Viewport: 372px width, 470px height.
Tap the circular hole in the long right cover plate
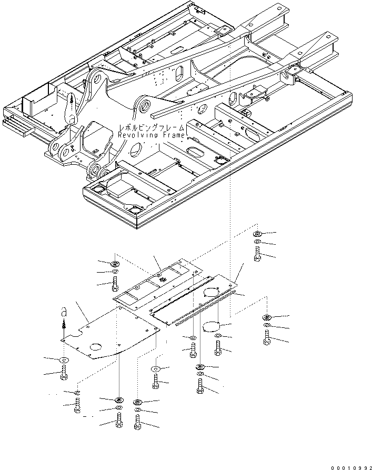tap(213, 293)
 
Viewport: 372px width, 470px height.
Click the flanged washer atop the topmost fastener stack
tap(257, 233)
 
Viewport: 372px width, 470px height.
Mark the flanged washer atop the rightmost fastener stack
tap(267, 317)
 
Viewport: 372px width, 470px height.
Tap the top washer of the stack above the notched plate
tap(115, 263)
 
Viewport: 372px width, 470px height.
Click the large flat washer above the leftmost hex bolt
tap(64, 359)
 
